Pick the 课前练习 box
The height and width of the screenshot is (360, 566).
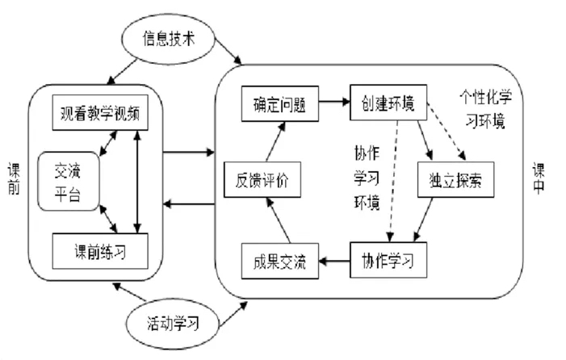coord(101,249)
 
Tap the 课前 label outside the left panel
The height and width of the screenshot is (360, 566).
coord(9,180)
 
